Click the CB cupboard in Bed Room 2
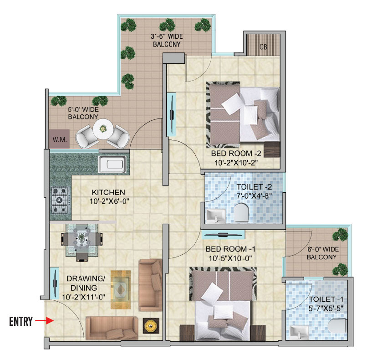[263, 46]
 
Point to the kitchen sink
[111, 165]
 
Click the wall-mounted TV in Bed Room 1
[223, 235]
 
